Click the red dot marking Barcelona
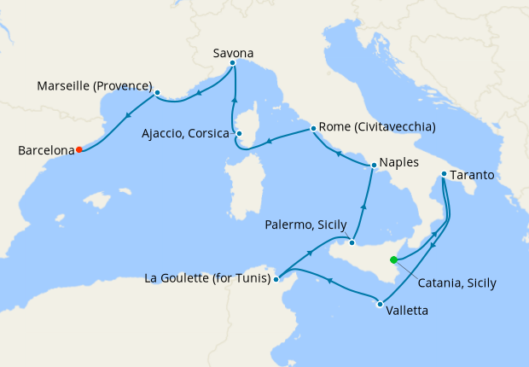[78, 149]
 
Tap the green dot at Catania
[393, 259]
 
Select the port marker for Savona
[233, 64]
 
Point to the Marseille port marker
[158, 92]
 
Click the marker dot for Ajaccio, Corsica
[240, 133]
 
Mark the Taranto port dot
[444, 175]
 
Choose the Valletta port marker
[379, 303]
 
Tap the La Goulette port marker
[276, 278]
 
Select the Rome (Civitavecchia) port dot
[314, 128]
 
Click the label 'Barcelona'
[46, 151]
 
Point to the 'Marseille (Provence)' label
[95, 86]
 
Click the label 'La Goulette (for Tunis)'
[207, 278]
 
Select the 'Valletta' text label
[408, 312]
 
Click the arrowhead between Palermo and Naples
[364, 207]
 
